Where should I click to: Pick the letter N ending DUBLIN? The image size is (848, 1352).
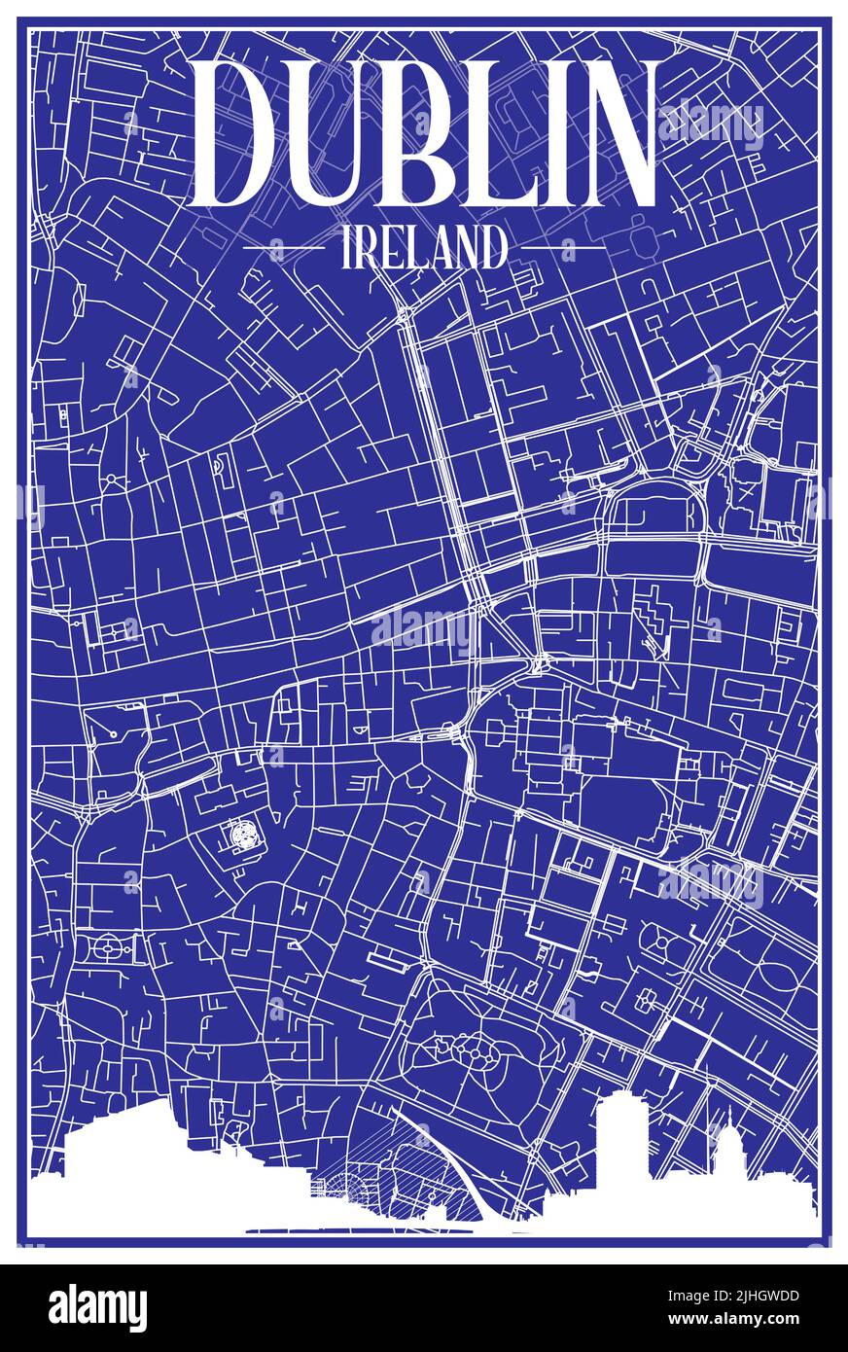click(614, 132)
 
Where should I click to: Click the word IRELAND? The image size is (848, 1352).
click(424, 248)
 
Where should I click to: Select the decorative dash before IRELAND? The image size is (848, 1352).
click(283, 248)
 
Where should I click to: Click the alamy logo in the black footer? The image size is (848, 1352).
click(97, 1308)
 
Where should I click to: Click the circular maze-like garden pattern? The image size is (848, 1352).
click(242, 835)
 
